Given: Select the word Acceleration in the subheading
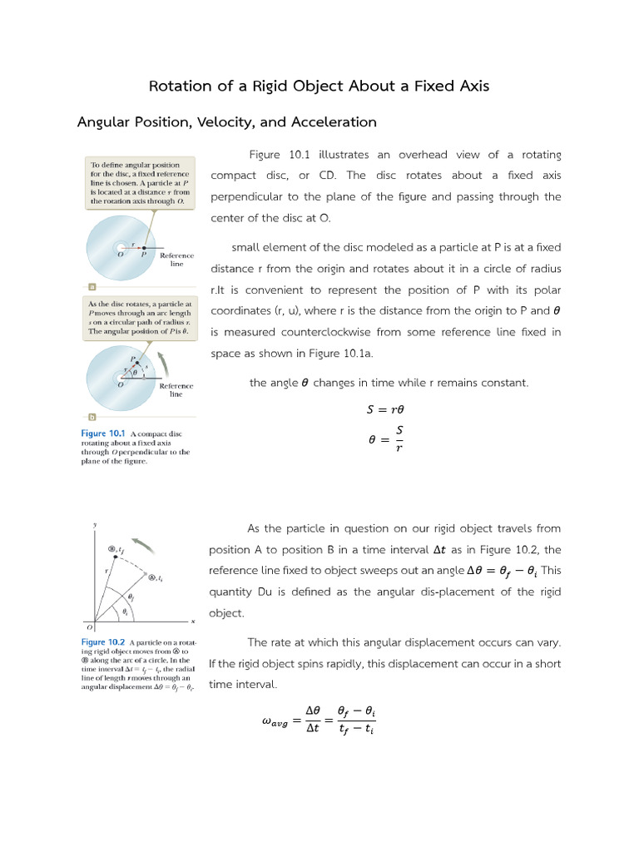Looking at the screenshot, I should click(x=333, y=122).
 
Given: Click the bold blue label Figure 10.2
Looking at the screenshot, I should click(x=105, y=642).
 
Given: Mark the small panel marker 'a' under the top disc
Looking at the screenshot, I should click(x=92, y=287).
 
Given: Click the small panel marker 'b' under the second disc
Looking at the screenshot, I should click(x=92, y=417).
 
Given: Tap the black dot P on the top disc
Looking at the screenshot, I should click(x=144, y=247).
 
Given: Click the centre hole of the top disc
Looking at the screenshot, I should click(x=119, y=247).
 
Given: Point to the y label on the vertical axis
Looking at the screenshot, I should click(x=96, y=525).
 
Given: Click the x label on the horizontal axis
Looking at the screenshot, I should click(x=192, y=621).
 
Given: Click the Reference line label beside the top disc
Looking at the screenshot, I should click(x=176, y=260).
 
